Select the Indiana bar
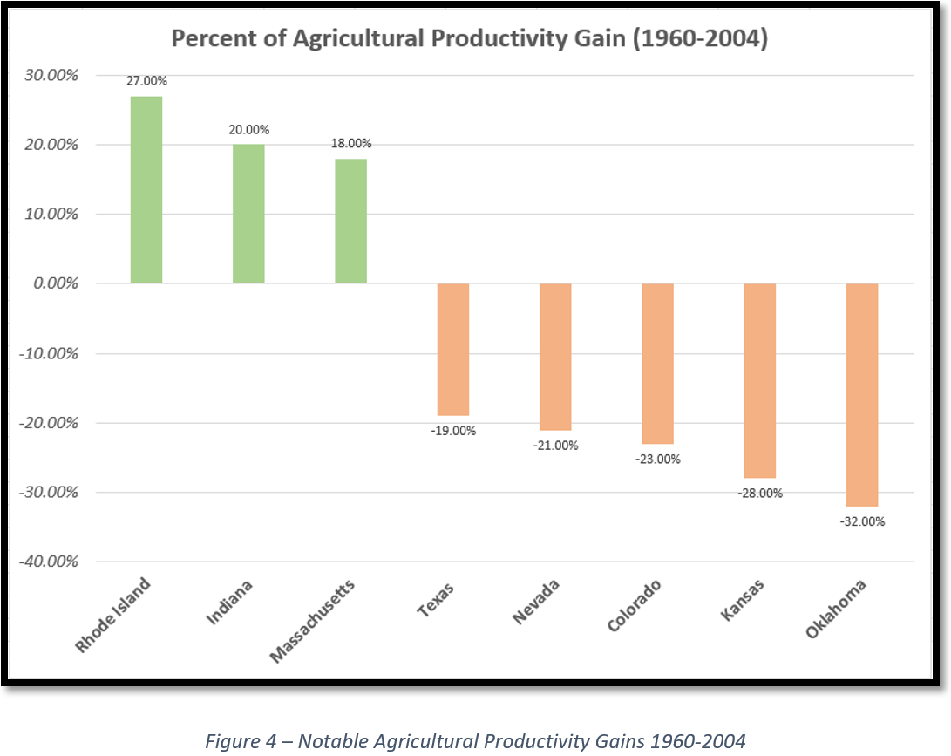click(x=248, y=214)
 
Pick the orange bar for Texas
click(x=453, y=349)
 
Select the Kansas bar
click(x=759, y=380)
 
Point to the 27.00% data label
click(x=146, y=81)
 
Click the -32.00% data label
click(x=862, y=521)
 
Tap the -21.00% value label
click(x=555, y=445)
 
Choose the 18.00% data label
click(x=350, y=144)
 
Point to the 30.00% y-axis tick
click(x=50, y=75)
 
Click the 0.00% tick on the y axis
click(x=53, y=283)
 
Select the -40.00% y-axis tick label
click(x=48, y=562)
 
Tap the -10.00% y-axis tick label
click(x=48, y=353)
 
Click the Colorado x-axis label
click(x=635, y=607)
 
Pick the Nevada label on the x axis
click(x=535, y=603)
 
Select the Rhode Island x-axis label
click(x=113, y=614)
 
